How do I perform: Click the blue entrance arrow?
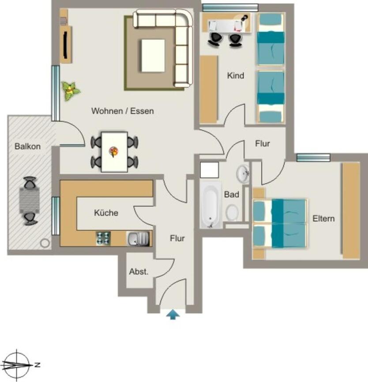pyautogui.click(x=173, y=314)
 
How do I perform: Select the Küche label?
pyautogui.click(x=106, y=213)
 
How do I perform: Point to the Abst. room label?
pyautogui.click(x=139, y=272)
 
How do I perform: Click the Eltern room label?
pyautogui.click(x=323, y=218)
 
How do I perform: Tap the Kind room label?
pyautogui.click(x=235, y=76)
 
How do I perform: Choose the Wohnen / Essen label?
pyautogui.click(x=123, y=111)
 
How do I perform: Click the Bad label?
pyautogui.click(x=232, y=194)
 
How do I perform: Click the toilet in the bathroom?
pyautogui.click(x=232, y=213)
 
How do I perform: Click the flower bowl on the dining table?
pyautogui.click(x=114, y=152)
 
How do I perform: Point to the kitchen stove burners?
pyautogui.click(x=103, y=238)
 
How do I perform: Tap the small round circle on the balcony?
pyautogui.click(x=45, y=243)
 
